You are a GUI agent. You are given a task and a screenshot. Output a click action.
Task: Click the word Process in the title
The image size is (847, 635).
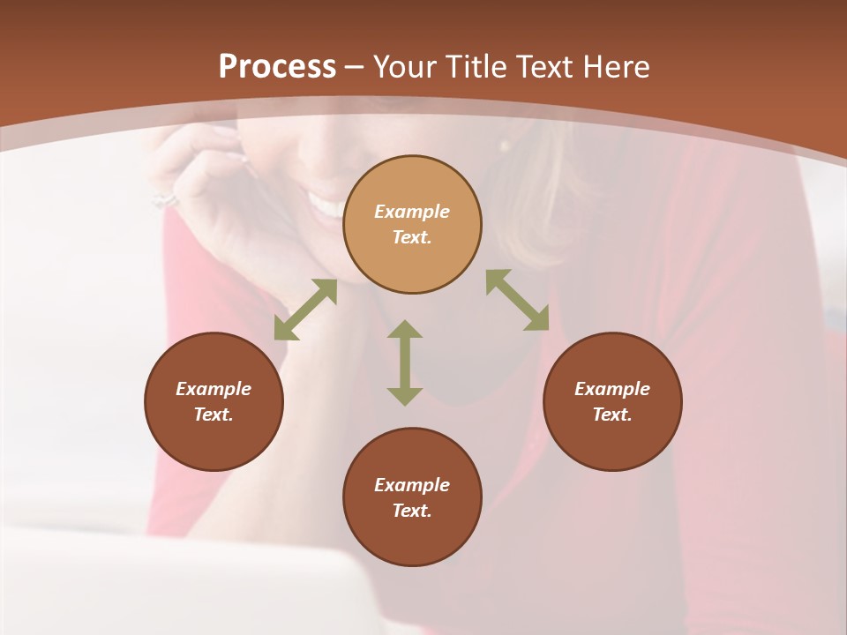point(277,67)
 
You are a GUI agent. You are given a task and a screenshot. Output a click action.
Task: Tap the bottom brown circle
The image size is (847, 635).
point(412,534)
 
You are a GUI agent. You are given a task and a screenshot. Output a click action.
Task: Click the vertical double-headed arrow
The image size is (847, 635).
point(405,362)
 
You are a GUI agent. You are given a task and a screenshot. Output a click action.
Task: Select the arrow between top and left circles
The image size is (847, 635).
point(305,310)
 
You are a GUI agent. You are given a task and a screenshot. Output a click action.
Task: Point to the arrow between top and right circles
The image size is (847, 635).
point(518,300)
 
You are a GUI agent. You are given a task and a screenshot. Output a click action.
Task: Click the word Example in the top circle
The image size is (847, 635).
point(412,212)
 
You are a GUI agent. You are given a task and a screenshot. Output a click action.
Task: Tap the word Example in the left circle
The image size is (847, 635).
point(214,389)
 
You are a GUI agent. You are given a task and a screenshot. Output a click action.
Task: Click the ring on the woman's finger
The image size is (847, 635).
point(165,199)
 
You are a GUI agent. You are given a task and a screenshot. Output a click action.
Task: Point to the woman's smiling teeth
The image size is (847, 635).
point(329,208)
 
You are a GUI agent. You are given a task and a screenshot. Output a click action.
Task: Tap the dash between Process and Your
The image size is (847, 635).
point(355,68)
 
